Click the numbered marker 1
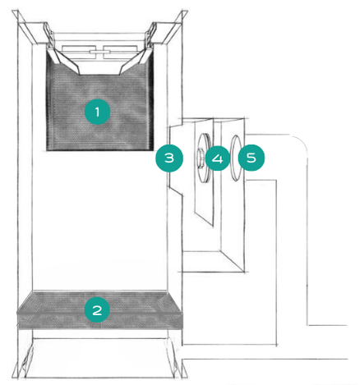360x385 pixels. pyautogui.click(x=97, y=112)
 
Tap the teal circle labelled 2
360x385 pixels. pyautogui.click(x=97, y=310)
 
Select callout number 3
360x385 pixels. pyautogui.click(x=169, y=158)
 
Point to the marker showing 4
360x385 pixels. pyautogui.click(x=218, y=158)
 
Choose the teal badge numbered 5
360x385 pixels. pyautogui.click(x=252, y=158)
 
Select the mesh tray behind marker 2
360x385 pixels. pyautogui.click(x=99, y=310)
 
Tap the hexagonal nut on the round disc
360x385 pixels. pyautogui.click(x=200, y=158)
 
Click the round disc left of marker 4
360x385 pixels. pyautogui.click(x=204, y=158)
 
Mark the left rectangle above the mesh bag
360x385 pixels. pyautogui.click(x=79, y=52)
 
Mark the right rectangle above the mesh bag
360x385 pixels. pyautogui.click(x=120, y=52)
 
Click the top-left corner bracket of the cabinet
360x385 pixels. pyautogui.click(x=16, y=17)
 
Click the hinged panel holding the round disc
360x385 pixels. pyautogui.click(x=204, y=172)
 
